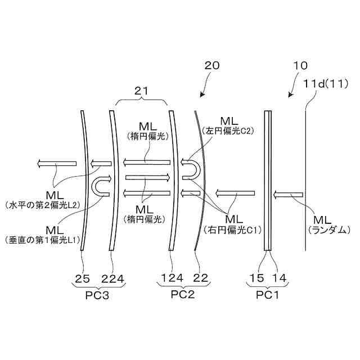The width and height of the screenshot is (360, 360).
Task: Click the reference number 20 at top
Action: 211,66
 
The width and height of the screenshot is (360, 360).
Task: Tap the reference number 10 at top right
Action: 301,66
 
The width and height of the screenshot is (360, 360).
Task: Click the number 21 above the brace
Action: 142,89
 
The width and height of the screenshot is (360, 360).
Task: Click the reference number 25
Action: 83,277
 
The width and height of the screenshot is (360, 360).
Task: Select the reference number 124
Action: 172,277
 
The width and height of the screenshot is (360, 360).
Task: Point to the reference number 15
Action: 257,277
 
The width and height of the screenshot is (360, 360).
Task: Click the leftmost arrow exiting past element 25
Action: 56,164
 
